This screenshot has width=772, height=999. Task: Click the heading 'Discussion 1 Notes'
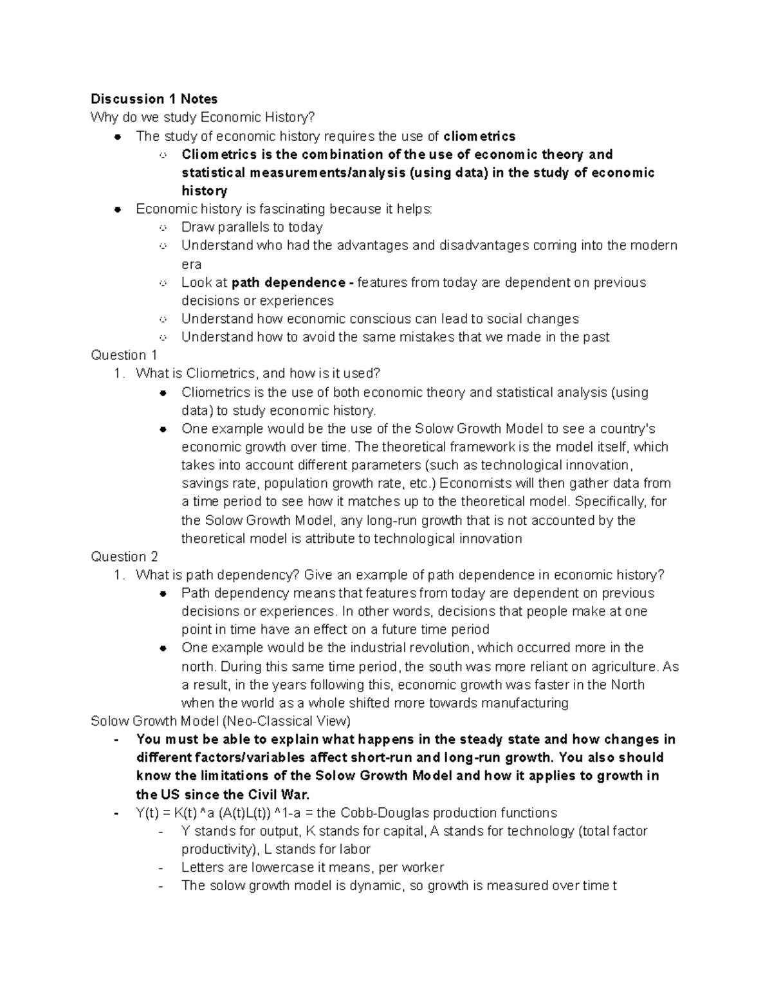pos(154,99)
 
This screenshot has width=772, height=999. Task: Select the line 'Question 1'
pos(124,355)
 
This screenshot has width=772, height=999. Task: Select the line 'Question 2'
pos(124,557)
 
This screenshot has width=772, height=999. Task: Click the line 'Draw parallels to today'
pos(252,227)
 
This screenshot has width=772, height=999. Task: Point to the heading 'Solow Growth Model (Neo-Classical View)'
pos(220,721)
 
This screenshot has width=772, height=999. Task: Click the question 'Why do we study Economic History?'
pos(203,118)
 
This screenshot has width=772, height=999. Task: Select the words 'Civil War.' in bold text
pos(280,794)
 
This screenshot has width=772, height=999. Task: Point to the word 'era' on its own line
pos(191,264)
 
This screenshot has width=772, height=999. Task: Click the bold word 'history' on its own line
pos(205,191)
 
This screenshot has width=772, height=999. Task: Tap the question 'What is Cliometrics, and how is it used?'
pos(258,374)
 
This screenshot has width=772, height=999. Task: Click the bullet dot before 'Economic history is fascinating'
pos(117,209)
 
